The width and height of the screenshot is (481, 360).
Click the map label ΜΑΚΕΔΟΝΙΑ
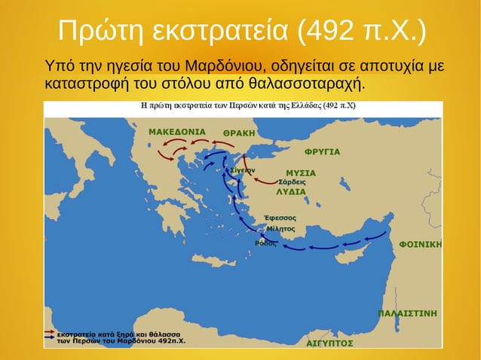[177, 131]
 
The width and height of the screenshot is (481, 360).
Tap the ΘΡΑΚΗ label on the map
[240, 133]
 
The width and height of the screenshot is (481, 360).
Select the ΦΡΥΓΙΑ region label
[322, 151]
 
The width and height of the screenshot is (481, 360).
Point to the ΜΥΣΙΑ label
[301, 172]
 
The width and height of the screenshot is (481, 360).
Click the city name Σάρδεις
[292, 182]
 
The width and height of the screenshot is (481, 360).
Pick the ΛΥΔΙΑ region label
[290, 191]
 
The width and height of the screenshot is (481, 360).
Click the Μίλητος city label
[280, 227]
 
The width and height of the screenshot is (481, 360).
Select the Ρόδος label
[266, 243]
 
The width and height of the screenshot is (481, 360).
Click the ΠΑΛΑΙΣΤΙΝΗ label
[407, 312]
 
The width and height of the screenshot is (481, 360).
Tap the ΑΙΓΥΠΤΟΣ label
[330, 342]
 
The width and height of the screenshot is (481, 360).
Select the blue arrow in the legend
[48, 338]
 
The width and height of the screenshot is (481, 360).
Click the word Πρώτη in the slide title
[100, 31]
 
